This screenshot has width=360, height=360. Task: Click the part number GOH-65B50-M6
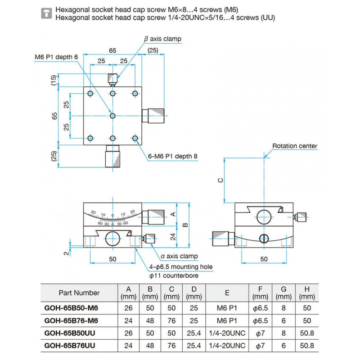(x=72, y=308)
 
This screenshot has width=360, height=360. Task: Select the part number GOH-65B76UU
(x=72, y=346)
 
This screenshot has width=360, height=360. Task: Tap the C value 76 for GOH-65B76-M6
(x=171, y=320)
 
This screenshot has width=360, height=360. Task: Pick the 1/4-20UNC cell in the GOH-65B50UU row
(x=227, y=333)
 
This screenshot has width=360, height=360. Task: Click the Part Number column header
(x=79, y=292)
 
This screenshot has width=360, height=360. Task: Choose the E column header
(x=227, y=292)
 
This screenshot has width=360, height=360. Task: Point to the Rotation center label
(x=295, y=146)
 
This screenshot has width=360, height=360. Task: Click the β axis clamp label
(x=162, y=39)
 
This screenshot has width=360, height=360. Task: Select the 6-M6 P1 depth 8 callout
(x=173, y=157)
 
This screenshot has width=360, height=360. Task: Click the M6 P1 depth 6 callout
(x=56, y=57)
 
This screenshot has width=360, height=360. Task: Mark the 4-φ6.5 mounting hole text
(x=180, y=267)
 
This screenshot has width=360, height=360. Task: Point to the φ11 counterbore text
(x=171, y=275)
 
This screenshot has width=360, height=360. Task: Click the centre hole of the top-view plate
(x=112, y=116)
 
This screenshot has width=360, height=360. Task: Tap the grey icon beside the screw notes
(x=45, y=13)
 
